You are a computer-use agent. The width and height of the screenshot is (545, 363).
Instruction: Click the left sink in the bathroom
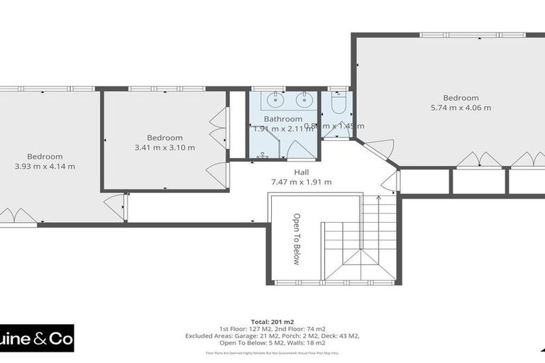[271, 99]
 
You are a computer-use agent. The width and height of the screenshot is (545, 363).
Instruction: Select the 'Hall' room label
[302, 172]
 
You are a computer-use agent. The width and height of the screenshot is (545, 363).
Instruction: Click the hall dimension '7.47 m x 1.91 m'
[302, 182]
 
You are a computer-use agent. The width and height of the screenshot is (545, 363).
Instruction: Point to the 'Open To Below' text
[297, 239]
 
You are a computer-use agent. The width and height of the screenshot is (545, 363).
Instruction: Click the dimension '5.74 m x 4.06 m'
[461, 108]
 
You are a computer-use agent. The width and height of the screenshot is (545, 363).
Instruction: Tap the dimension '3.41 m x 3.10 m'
[165, 147]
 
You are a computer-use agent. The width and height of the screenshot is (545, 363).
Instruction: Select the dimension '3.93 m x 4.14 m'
[45, 167]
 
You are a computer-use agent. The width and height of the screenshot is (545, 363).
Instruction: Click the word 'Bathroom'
[283, 119]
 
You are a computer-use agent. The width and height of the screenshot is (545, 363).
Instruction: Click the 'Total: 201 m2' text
[272, 320]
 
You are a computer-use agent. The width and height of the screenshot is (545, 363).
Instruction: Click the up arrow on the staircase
[378, 203]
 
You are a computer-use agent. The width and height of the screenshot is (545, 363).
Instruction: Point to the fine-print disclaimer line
[272, 352]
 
